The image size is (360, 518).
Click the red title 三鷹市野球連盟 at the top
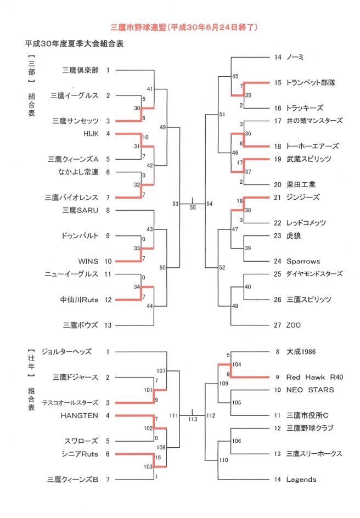point(138,27)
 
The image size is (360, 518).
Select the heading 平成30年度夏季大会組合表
point(74,43)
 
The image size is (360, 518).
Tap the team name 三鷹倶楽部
point(81,70)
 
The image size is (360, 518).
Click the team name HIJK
point(91,134)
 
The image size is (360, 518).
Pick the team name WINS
point(88,261)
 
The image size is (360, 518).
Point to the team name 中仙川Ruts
point(79,300)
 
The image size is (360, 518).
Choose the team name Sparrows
point(303,261)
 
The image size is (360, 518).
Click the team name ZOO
point(293,325)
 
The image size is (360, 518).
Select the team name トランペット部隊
point(311,83)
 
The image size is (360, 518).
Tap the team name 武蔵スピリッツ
point(309,159)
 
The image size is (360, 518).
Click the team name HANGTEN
point(79,415)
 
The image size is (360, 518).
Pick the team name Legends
point(301,480)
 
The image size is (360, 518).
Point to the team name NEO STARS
point(310,390)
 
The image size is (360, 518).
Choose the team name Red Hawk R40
point(315,378)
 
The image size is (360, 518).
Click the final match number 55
point(193,207)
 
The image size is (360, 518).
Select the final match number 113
point(193,419)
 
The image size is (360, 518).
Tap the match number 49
point(162,127)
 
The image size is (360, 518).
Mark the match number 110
point(223,460)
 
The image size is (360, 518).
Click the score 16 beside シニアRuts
point(158,458)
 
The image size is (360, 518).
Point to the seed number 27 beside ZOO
point(278,325)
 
